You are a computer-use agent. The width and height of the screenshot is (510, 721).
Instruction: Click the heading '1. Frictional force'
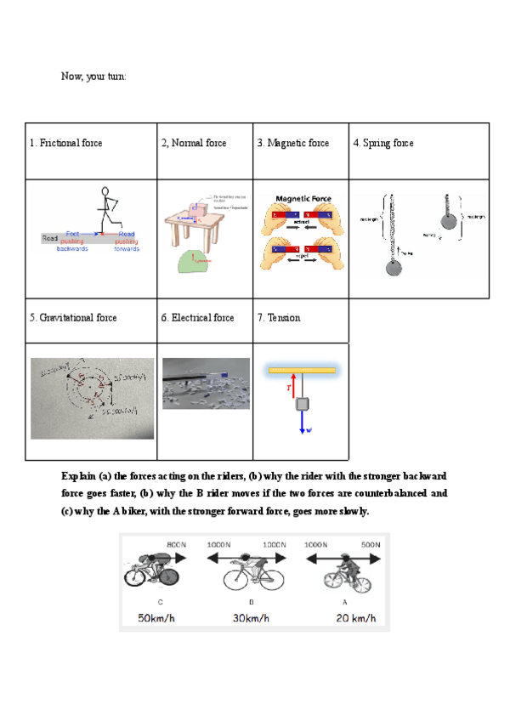[66, 144]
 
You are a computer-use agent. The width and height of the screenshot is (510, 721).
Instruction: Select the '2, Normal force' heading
[194, 144]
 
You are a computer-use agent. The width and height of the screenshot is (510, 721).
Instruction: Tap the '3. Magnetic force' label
[293, 144]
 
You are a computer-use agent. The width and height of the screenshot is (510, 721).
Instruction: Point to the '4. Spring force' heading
[383, 144]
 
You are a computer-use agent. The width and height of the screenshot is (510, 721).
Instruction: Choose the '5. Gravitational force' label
[73, 318]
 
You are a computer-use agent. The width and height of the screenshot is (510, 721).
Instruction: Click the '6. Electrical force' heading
[197, 318]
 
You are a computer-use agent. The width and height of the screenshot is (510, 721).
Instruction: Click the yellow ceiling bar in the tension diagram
[302, 370]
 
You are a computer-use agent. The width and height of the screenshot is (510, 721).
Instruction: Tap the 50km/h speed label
[156, 618]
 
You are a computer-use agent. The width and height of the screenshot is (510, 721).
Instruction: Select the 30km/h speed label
[252, 618]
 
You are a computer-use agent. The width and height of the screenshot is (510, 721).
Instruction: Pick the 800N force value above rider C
[176, 544]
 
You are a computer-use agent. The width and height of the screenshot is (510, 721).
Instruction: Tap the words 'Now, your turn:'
[93, 77]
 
